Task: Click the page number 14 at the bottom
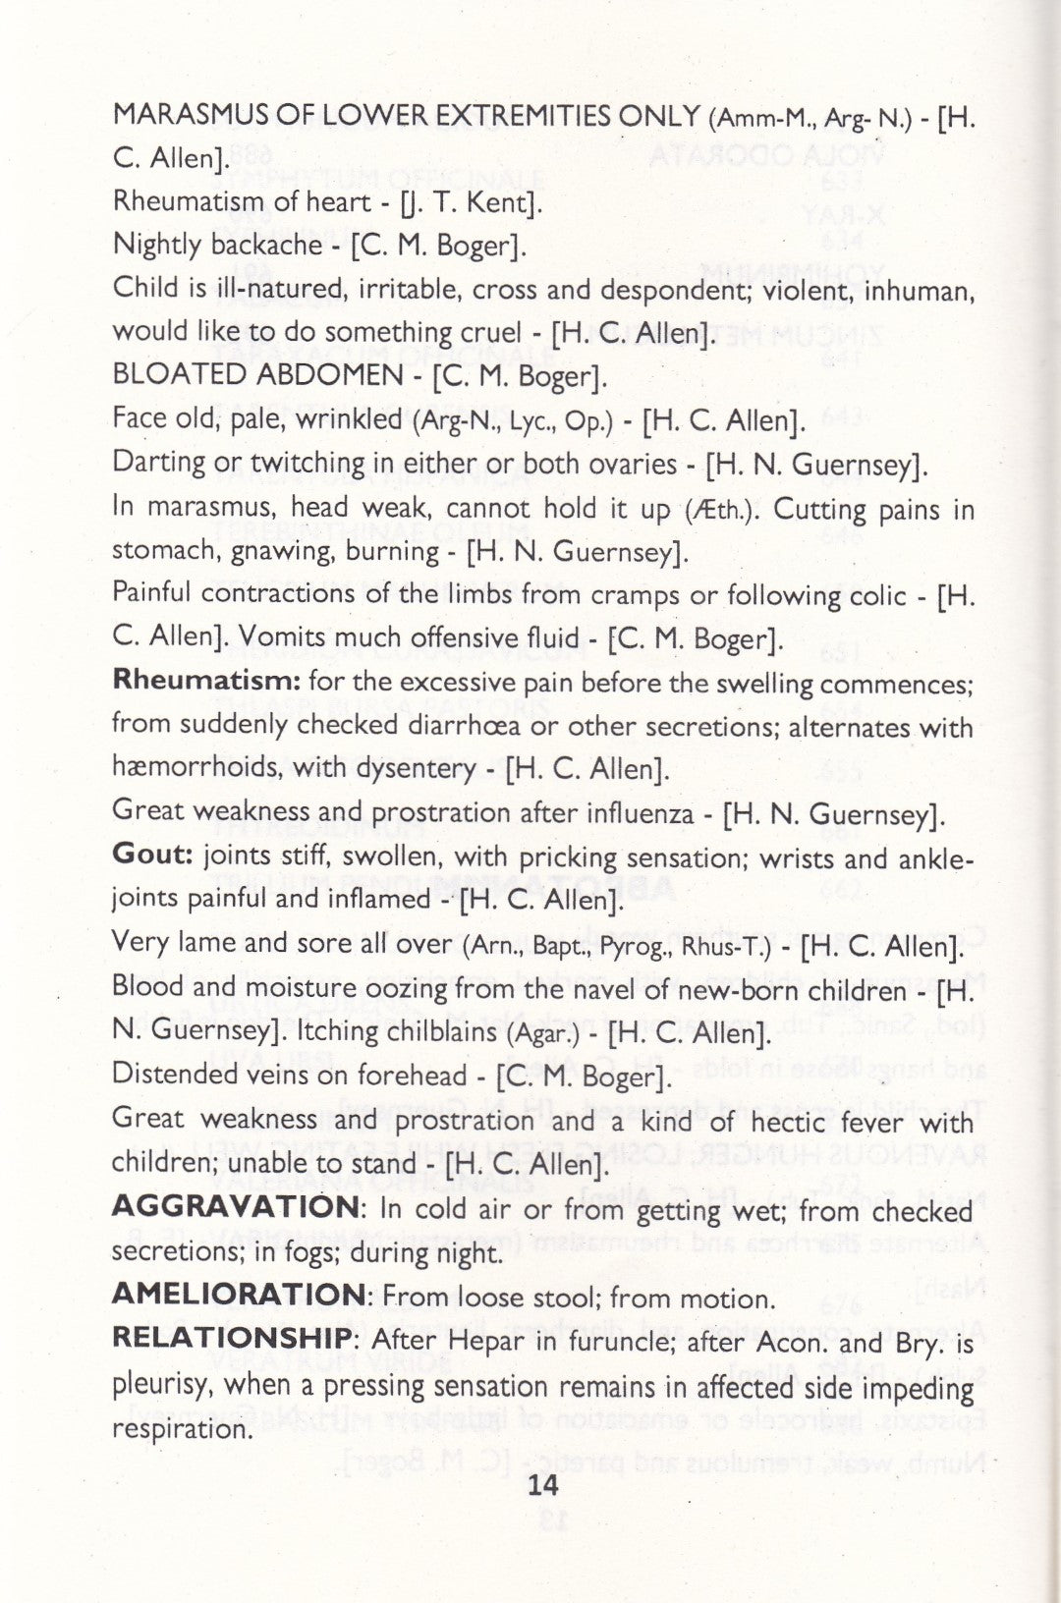click(x=542, y=1484)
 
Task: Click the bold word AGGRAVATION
click(x=236, y=1207)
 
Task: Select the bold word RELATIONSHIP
click(x=231, y=1338)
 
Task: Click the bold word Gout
click(x=152, y=855)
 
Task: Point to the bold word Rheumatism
click(x=204, y=680)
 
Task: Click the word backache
click(x=266, y=245)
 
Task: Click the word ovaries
click(x=629, y=464)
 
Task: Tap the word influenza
click(x=637, y=812)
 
